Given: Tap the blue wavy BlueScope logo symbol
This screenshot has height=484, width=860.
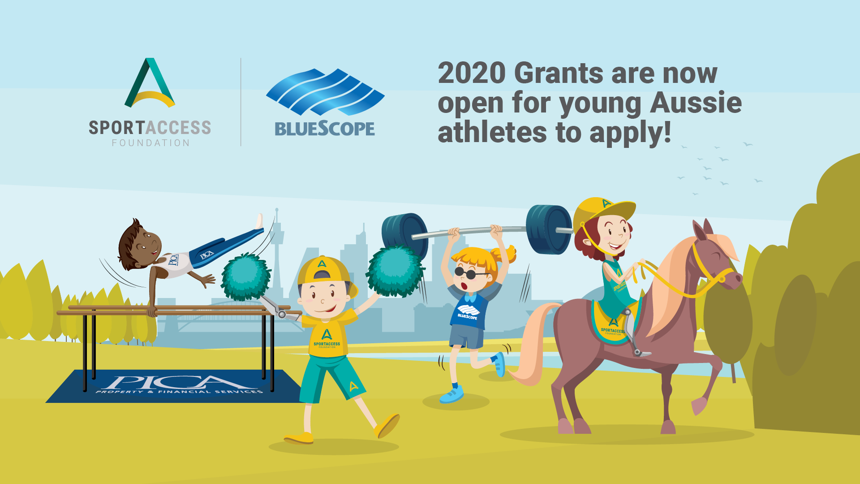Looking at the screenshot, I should (325, 92).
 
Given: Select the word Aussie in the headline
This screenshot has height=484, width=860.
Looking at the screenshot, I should (696, 103).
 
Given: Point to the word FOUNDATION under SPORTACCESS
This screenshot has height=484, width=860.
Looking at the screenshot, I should (150, 143).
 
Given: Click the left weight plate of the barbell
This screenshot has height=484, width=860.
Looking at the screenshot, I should (404, 233).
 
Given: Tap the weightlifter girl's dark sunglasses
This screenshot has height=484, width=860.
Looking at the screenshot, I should (466, 272).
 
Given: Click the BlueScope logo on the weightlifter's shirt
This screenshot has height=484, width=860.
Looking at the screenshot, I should (468, 311).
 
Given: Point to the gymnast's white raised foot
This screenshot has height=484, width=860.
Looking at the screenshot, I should (259, 221).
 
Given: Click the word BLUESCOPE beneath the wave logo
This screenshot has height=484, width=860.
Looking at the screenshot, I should (325, 129).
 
